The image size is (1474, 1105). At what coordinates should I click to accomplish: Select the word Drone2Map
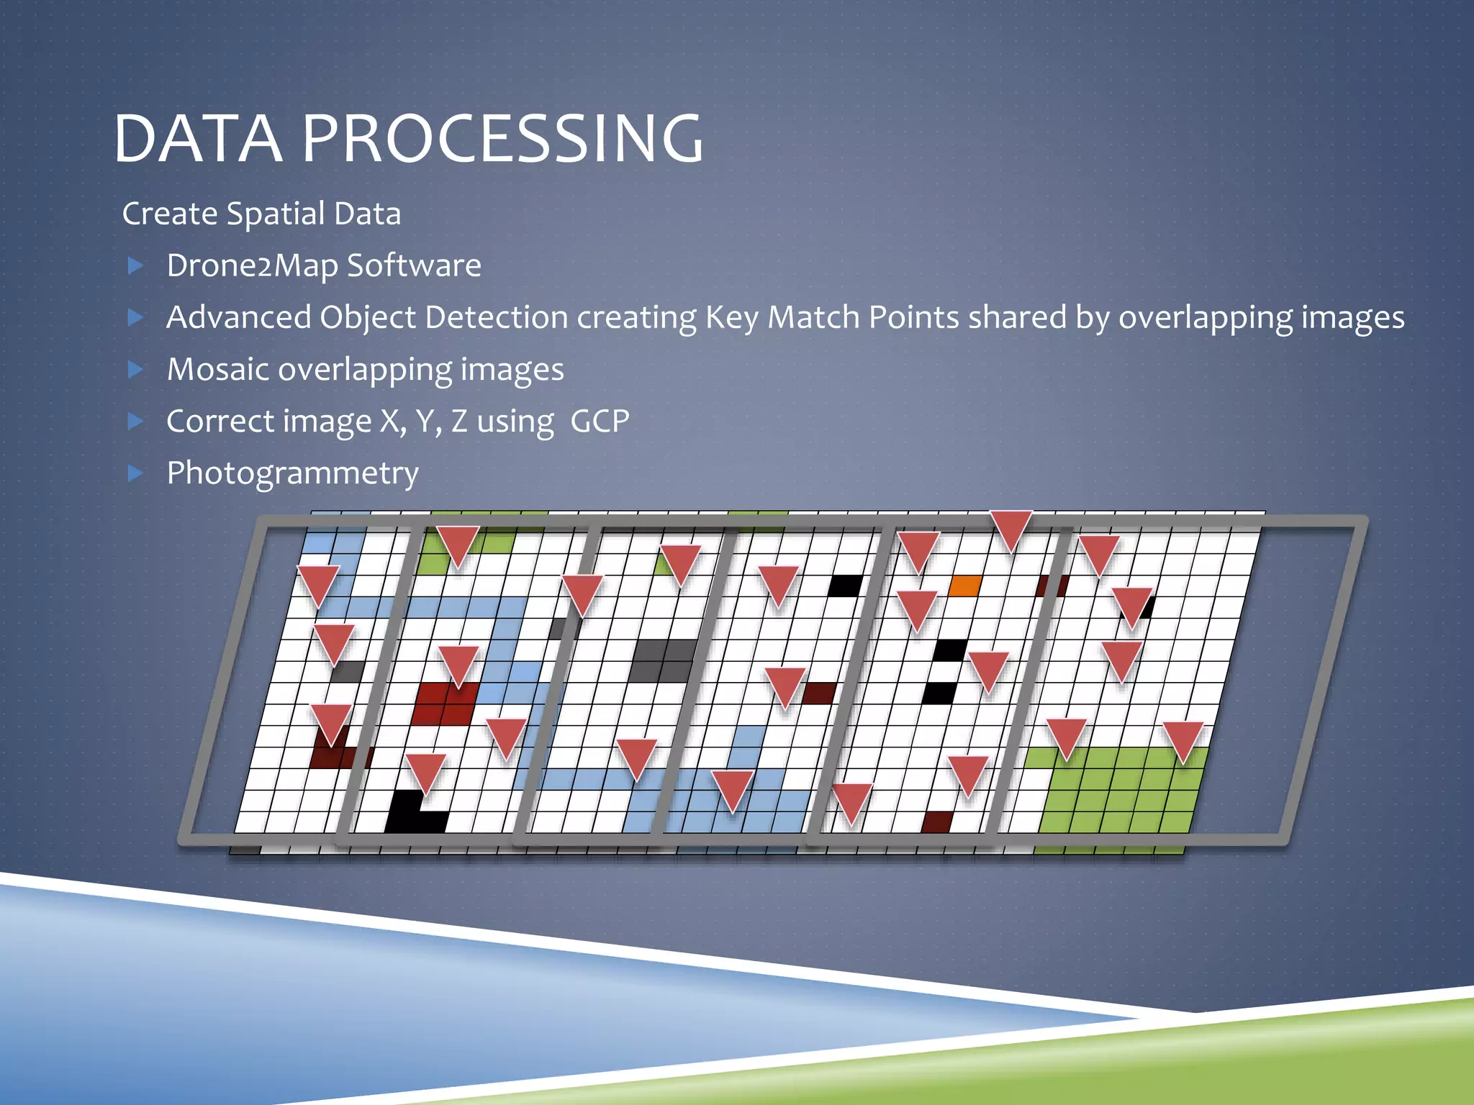coord(252,265)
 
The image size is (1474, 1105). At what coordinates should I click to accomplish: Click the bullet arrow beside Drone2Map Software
coord(135,265)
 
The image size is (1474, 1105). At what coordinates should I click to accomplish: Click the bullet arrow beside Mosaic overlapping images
coord(135,369)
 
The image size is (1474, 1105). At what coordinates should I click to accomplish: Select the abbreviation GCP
coord(600,421)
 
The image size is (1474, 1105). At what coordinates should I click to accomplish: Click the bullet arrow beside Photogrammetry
coord(135,473)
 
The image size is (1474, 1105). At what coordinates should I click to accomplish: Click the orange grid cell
coord(964,586)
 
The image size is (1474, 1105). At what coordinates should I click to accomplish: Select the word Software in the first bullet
coord(414,265)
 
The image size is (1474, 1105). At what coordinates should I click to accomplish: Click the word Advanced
coord(238,317)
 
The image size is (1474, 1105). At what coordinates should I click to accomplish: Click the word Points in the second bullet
coord(913,317)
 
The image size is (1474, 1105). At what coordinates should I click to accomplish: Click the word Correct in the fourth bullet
coord(220,421)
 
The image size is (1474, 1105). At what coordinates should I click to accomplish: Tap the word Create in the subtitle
coord(169,214)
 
